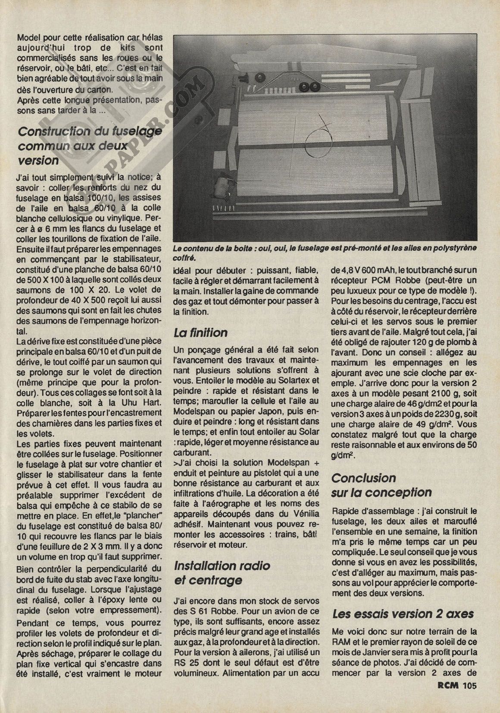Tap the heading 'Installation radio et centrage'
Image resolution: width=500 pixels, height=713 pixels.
[222, 572]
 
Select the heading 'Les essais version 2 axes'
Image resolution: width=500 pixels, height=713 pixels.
[403, 614]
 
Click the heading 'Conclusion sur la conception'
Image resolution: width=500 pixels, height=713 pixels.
[381, 485]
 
